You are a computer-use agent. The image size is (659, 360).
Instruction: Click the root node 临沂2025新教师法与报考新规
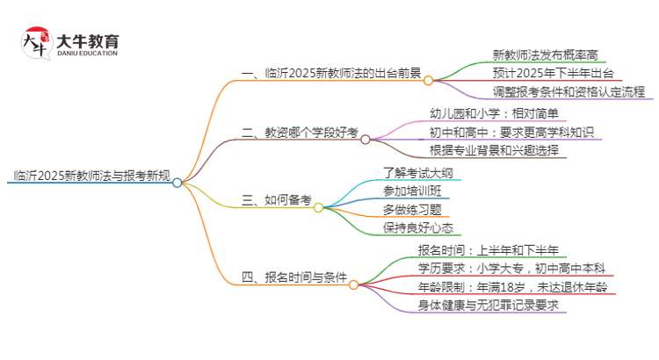tap(88, 174)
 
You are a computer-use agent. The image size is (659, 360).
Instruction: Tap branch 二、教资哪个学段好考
tap(299, 133)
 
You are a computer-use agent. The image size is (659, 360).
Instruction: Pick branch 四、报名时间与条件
tap(293, 277)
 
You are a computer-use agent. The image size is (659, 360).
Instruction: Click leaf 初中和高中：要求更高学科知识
tap(511, 133)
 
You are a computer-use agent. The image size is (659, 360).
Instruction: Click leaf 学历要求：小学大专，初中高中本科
tap(522, 268)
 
